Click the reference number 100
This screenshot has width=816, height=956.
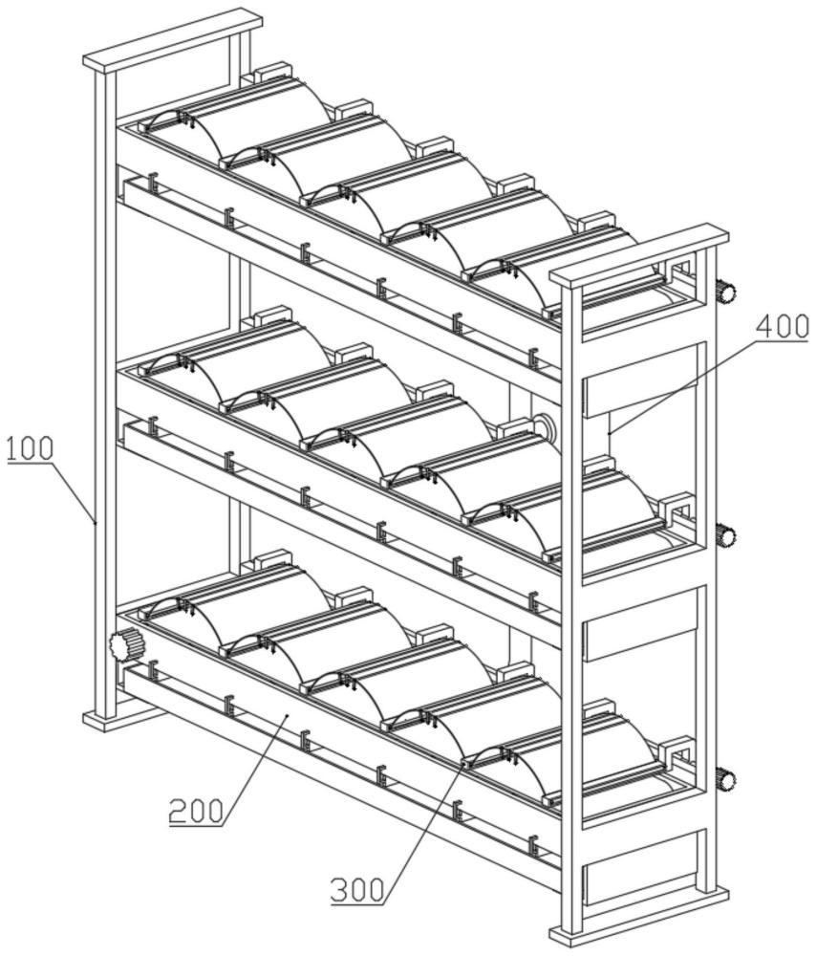pyautogui.click(x=30, y=449)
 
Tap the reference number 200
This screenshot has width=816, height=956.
pyautogui.click(x=196, y=812)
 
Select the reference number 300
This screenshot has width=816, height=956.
pyautogui.click(x=357, y=891)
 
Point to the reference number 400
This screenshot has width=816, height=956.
pyautogui.click(x=783, y=327)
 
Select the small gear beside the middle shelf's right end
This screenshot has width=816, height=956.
pyautogui.click(x=725, y=536)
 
